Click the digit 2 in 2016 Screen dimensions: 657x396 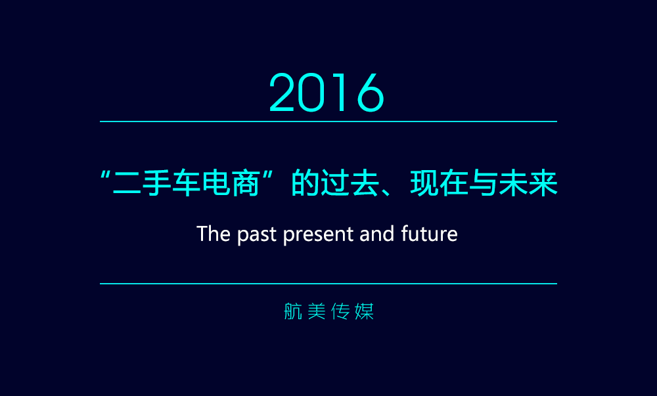(x=282, y=93)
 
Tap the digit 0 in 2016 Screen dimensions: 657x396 (x=311, y=93)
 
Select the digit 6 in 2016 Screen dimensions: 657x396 (x=371, y=93)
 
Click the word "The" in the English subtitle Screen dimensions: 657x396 (x=214, y=234)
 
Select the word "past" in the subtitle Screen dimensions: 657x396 (x=257, y=235)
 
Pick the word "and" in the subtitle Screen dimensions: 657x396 (x=376, y=234)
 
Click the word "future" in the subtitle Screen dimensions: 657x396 (x=429, y=233)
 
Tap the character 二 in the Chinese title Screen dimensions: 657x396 (x=127, y=183)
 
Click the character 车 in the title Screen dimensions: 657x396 (x=186, y=183)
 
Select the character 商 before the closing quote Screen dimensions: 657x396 (x=246, y=183)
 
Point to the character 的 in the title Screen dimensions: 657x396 (x=305, y=183)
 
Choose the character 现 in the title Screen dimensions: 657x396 (x=424, y=183)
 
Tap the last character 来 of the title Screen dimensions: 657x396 (x=543, y=183)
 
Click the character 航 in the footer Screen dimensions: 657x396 (x=293, y=311)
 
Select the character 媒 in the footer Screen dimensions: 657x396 (x=364, y=311)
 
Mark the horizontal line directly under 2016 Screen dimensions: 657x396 (x=328, y=121)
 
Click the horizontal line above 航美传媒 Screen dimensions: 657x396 (x=328, y=284)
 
